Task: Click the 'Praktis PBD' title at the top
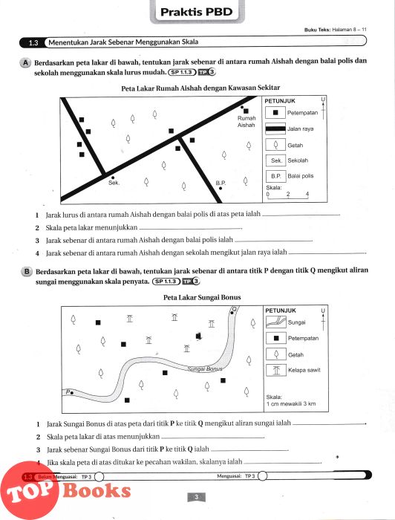pyautogui.click(x=197, y=12)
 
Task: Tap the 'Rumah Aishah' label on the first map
pyautogui.click(x=247, y=121)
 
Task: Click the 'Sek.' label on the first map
pyautogui.click(x=114, y=183)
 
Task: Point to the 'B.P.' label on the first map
pyautogui.click(x=221, y=183)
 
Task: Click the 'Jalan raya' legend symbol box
pyautogui.click(x=275, y=129)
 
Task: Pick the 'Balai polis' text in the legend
pyautogui.click(x=301, y=176)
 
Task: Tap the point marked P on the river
pyautogui.click(x=72, y=393)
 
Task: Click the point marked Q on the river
pyautogui.click(x=232, y=312)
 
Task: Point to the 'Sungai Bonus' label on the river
pyautogui.click(x=204, y=368)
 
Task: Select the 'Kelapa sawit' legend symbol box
pyautogui.click(x=276, y=370)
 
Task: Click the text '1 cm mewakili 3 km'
pyautogui.click(x=291, y=404)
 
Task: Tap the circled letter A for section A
pyautogui.click(x=25, y=62)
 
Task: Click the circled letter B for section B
pyautogui.click(x=26, y=272)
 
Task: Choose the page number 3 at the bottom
pyautogui.click(x=196, y=497)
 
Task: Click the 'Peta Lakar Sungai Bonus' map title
pyautogui.click(x=202, y=297)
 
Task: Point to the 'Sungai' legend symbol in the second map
pyautogui.click(x=276, y=322)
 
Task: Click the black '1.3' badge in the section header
pyautogui.click(x=33, y=42)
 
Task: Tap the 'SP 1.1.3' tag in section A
pyautogui.click(x=182, y=72)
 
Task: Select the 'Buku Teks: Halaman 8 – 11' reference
pyautogui.click(x=336, y=30)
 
